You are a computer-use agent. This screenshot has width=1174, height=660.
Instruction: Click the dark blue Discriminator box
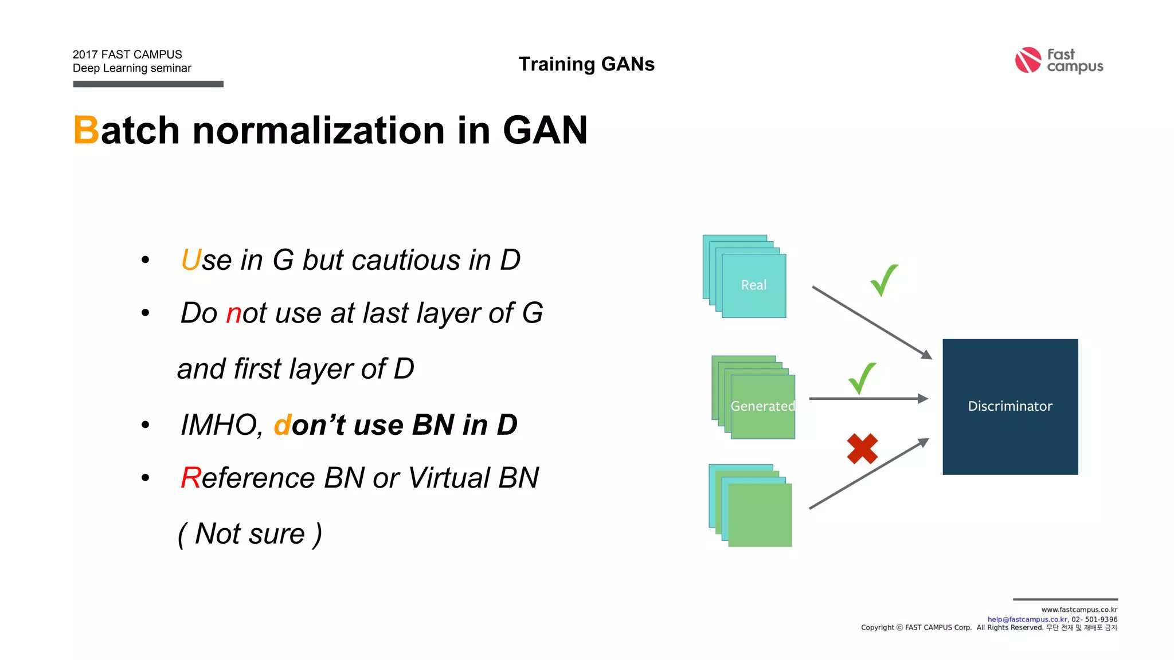click(x=1010, y=406)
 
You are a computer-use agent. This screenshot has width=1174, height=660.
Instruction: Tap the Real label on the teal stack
click(x=753, y=285)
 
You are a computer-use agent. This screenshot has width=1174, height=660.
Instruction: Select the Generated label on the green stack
click(x=762, y=406)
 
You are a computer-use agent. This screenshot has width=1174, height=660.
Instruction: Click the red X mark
click(x=862, y=449)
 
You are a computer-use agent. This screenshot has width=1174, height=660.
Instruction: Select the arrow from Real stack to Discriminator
click(x=870, y=322)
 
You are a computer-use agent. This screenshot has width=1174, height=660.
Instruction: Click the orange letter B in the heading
click(x=86, y=131)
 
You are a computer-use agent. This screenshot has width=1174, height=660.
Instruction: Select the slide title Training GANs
click(x=586, y=64)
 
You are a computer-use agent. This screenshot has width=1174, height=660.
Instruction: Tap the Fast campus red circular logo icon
click(x=1028, y=60)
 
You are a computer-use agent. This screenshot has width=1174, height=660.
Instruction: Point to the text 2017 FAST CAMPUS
click(x=127, y=54)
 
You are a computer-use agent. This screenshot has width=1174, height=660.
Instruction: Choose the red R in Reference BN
click(x=190, y=478)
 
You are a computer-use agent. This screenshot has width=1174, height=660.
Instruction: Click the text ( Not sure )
click(x=250, y=534)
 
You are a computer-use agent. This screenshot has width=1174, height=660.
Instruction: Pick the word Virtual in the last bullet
click(x=449, y=478)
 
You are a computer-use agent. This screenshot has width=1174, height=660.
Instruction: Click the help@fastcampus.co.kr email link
click(x=1027, y=619)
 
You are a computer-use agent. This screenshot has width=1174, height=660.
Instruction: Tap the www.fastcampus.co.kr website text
click(x=1079, y=610)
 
